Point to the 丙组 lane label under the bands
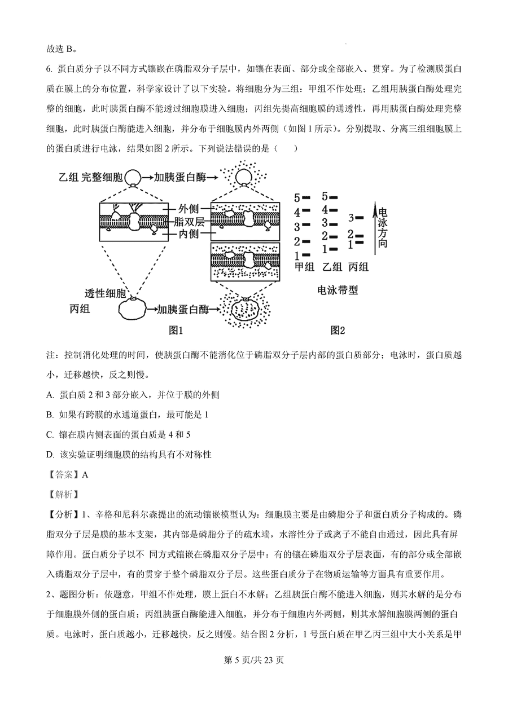coord(359,267)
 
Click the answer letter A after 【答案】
coord(86,474)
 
